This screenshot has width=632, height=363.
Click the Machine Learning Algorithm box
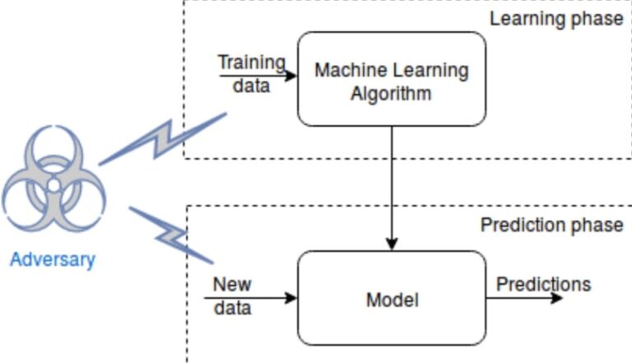[x=391, y=79]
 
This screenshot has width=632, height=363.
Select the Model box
[x=391, y=298]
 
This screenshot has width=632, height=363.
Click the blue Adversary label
[x=53, y=260]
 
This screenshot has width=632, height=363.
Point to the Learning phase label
[x=556, y=18]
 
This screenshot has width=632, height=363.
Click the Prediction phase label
[x=551, y=226]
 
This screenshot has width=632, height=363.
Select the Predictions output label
[x=543, y=284]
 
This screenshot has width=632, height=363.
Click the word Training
[x=251, y=63]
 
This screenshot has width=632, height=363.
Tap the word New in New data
[x=232, y=285]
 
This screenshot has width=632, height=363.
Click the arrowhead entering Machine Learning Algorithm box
[x=291, y=76]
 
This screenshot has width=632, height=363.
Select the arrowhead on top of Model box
[x=392, y=244]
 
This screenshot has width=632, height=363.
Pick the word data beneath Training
[x=251, y=85]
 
